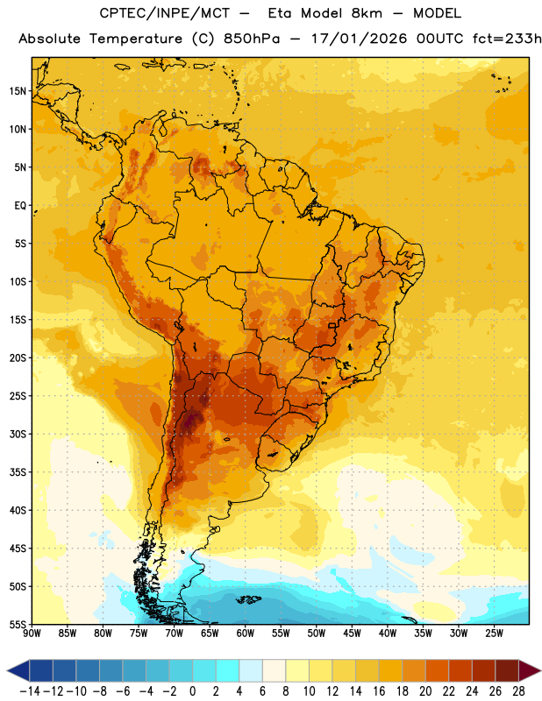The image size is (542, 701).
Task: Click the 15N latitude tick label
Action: click(x=18, y=91)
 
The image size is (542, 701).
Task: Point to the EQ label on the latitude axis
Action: click(x=20, y=206)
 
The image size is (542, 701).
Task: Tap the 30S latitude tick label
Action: click(x=18, y=434)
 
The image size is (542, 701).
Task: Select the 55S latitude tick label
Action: click(x=18, y=625)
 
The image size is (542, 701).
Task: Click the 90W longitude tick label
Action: click(x=32, y=634)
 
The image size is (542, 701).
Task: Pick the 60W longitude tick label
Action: click(x=246, y=634)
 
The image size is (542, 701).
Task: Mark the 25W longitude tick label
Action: click(x=494, y=634)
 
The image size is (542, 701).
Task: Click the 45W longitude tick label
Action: click(x=353, y=634)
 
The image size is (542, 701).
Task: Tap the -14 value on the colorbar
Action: click(x=30, y=691)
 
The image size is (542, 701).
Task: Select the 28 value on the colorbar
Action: click(x=518, y=691)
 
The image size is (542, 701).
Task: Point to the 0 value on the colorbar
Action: click(x=192, y=691)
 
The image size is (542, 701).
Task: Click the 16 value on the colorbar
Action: click(x=379, y=691)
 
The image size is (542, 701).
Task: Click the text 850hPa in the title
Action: click(x=252, y=39)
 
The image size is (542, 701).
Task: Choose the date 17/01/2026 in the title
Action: click(x=359, y=39)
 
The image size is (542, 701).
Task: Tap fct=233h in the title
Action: click(x=507, y=39)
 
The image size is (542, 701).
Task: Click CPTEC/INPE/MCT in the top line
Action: click(x=164, y=14)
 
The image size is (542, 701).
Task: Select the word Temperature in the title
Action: click(x=136, y=39)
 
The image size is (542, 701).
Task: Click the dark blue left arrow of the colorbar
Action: click(x=18, y=670)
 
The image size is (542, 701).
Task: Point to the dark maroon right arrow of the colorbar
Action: click(x=530, y=670)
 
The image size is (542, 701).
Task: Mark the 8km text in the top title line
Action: click(x=367, y=13)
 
